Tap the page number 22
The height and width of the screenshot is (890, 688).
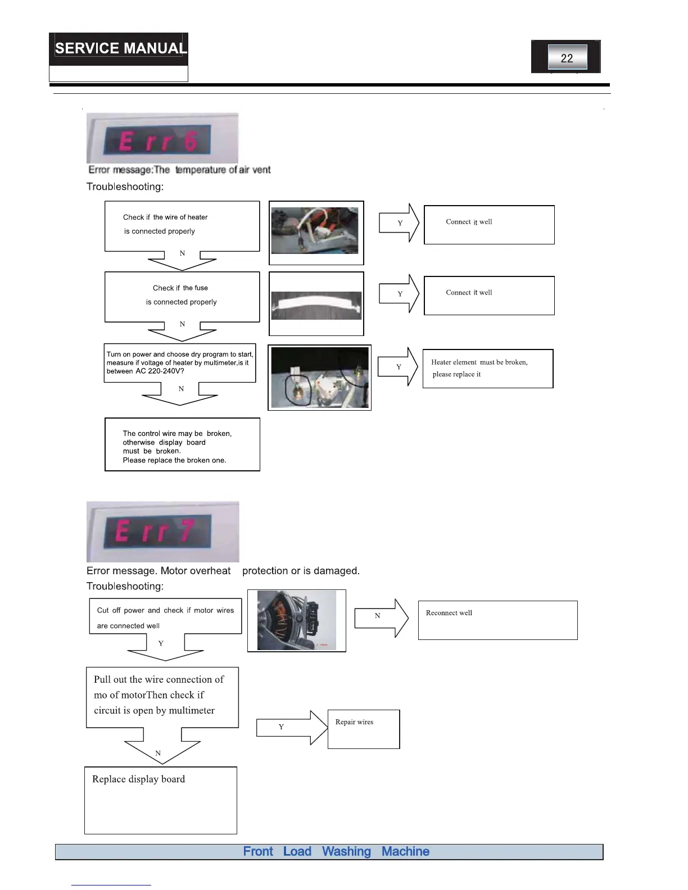tap(567, 58)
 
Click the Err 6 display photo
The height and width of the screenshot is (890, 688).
tap(162, 139)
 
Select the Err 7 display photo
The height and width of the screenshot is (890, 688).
tap(162, 532)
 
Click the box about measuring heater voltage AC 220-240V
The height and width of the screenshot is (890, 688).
tap(179, 363)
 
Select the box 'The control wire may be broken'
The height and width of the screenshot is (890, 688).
tap(182, 444)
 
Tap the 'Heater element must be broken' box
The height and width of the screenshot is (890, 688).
tap(487, 369)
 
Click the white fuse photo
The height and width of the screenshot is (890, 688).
tap(316, 305)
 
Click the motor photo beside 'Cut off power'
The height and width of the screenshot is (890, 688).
tap(297, 620)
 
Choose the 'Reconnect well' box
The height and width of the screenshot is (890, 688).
tap(497, 620)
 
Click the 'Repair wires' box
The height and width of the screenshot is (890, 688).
tap(363, 729)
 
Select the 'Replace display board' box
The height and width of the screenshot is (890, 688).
tap(161, 800)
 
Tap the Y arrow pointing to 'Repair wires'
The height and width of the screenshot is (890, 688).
tap(292, 728)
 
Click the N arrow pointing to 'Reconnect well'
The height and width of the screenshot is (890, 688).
tap(381, 617)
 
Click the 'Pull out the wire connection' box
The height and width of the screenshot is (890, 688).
tap(162, 697)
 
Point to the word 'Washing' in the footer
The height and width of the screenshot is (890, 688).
tap(346, 852)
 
